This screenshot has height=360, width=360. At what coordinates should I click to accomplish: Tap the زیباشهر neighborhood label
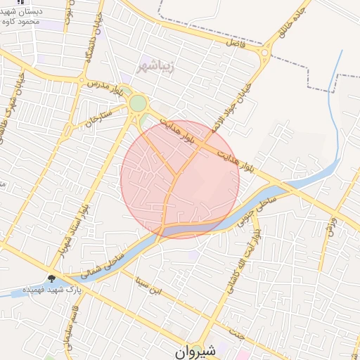pyautogui.click(x=161, y=67)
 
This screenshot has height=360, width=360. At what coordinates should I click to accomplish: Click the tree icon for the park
pyautogui.click(x=51, y=277)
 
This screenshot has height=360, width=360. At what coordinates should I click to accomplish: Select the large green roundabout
pyautogui.click(x=138, y=104)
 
